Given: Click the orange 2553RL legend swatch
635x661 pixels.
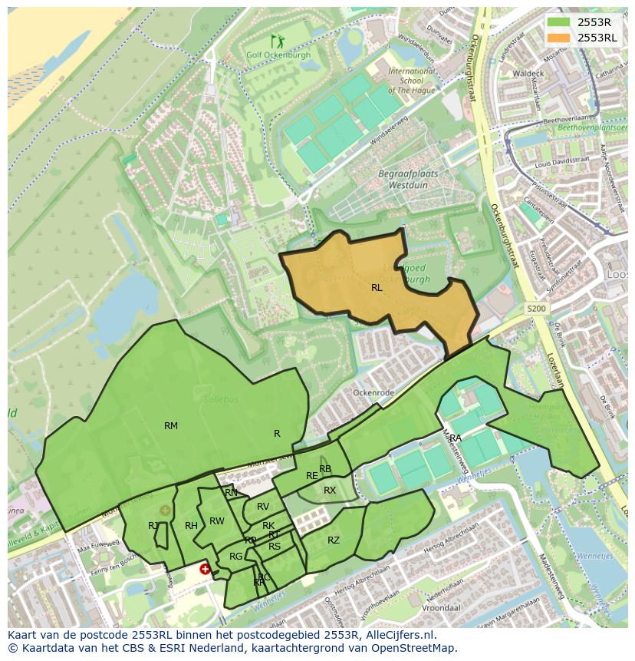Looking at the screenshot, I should pyautogui.click(x=558, y=37).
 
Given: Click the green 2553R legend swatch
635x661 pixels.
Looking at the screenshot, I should pyautogui.click(x=558, y=21).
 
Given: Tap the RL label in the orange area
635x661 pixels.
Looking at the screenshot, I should pyautogui.click(x=377, y=288).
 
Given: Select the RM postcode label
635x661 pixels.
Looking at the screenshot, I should pyautogui.click(x=171, y=426).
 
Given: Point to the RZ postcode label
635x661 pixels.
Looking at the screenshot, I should pyautogui.click(x=334, y=540).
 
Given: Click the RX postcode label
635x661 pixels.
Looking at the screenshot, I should pyautogui.click(x=330, y=491).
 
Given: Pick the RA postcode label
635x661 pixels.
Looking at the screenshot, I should pyautogui.click(x=456, y=438).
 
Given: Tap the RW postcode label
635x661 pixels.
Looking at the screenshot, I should pyautogui.click(x=217, y=521).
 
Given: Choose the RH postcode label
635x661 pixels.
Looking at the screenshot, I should pyautogui.click(x=191, y=526).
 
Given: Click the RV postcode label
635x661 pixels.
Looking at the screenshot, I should pyautogui.click(x=263, y=507).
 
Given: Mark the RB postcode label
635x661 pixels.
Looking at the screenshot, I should pyautogui.click(x=325, y=469).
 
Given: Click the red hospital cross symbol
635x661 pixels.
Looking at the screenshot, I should pyautogui.click(x=205, y=569).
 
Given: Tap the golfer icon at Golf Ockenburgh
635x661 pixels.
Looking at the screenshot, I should pyautogui.click(x=277, y=41).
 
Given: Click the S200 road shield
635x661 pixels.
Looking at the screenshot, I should pyautogui.click(x=537, y=309).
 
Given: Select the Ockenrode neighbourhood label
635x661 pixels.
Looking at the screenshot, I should pyautogui.click(x=373, y=392).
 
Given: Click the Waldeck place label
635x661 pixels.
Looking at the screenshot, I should pyautogui.click(x=528, y=73).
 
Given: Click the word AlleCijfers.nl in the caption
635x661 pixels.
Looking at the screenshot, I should pyautogui.click(x=400, y=636).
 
